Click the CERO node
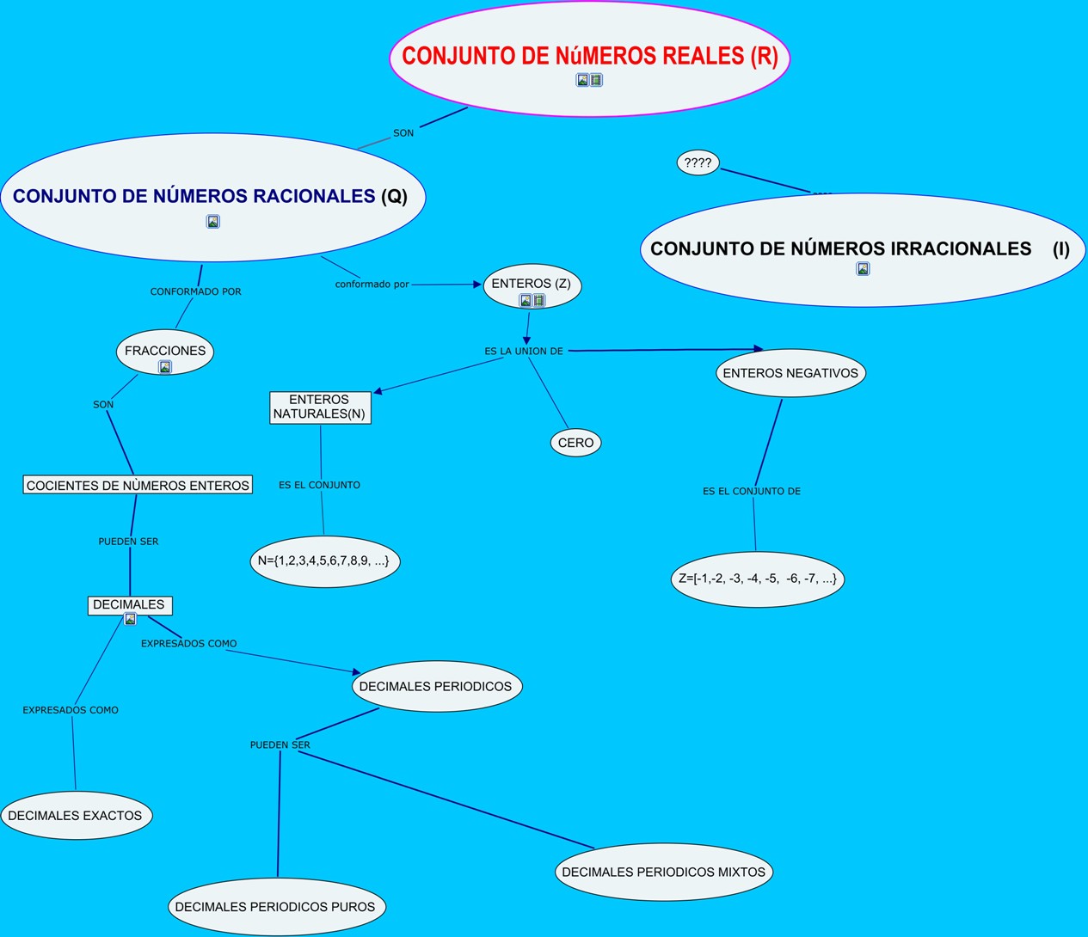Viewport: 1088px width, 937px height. tap(575, 443)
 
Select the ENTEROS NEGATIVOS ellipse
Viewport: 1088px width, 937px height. tap(790, 373)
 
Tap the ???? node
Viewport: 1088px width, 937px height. tap(698, 162)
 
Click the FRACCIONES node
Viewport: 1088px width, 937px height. tap(164, 351)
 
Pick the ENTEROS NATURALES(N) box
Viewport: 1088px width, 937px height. tap(319, 407)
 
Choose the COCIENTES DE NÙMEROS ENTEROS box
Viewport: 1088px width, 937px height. tap(138, 486)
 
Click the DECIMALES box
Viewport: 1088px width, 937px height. tap(129, 604)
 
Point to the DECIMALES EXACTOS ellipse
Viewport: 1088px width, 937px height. tap(75, 816)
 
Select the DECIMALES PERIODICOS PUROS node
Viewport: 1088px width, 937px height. tap(275, 907)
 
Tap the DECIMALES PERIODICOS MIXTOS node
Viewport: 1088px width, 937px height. tap(663, 872)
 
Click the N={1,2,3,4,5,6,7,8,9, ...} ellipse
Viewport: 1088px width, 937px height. tap(323, 560)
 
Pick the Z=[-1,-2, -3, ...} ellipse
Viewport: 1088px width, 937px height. tap(757, 579)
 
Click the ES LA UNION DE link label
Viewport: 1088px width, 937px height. tap(524, 352)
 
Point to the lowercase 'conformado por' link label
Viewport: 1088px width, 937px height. tap(372, 285)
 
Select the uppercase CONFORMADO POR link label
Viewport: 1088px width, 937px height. tap(196, 292)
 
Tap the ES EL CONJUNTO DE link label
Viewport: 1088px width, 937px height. tap(752, 492)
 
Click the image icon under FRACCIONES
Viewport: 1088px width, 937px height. tap(165, 367)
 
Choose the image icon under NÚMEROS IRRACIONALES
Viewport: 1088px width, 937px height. tap(863, 269)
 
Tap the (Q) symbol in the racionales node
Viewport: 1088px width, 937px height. tap(394, 196)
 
